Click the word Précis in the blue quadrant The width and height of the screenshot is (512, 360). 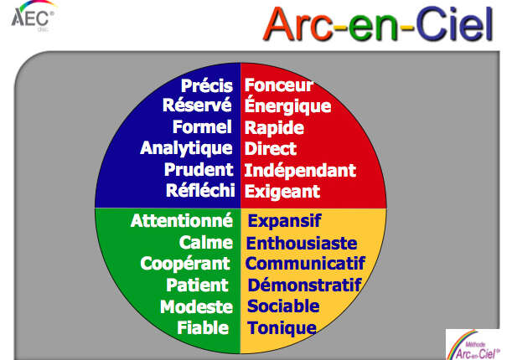point(207,85)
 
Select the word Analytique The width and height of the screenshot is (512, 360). point(186,148)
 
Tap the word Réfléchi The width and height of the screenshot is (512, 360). point(200,190)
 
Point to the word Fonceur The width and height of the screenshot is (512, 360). point(278,85)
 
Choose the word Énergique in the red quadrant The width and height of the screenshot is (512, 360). point(287,105)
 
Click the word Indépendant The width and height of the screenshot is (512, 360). point(300,170)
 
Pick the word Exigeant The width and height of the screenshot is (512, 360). point(282,192)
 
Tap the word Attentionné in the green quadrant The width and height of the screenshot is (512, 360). point(182,220)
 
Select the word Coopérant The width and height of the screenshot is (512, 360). point(185,264)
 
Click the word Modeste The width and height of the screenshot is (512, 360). point(196,307)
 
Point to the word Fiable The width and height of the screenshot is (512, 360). point(203,328)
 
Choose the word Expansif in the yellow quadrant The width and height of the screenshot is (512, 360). point(284,221)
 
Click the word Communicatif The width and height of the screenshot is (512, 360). point(305,264)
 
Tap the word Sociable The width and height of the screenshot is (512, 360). point(283,306)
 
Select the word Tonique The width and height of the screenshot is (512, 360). point(282,328)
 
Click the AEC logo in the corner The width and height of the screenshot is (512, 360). point(33,16)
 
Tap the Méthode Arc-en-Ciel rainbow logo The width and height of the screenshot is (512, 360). point(473,345)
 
